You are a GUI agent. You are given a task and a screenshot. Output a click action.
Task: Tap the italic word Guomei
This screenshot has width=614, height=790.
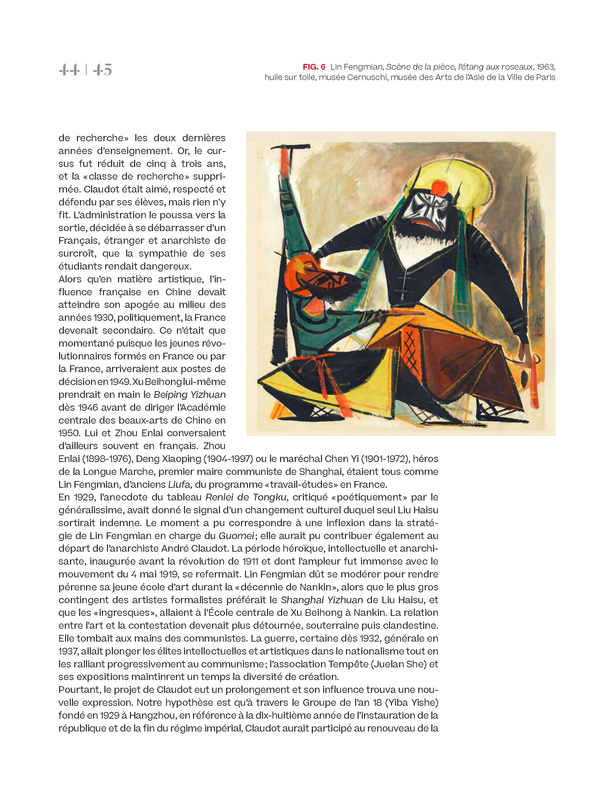coord(236,536)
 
